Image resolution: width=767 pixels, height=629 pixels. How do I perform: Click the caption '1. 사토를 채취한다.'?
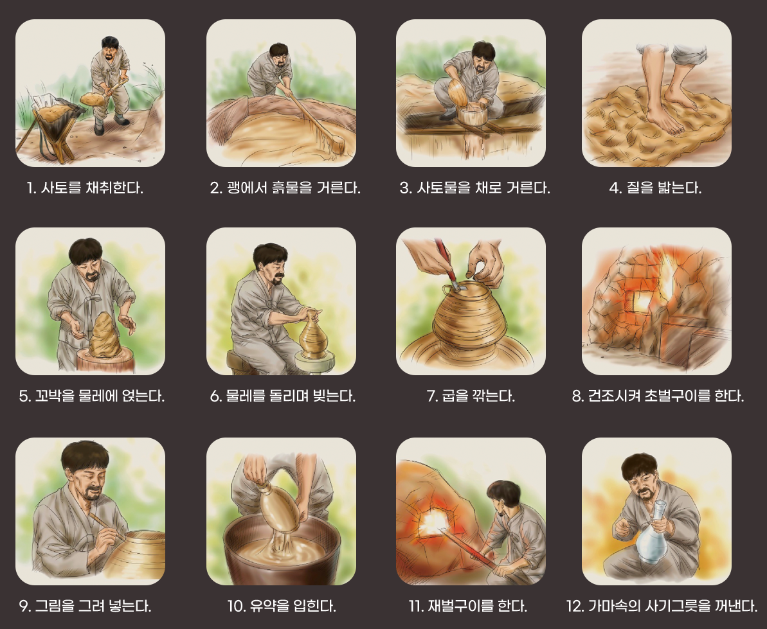click(x=85, y=188)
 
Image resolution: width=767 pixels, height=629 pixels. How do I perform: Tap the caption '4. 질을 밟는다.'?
click(x=656, y=188)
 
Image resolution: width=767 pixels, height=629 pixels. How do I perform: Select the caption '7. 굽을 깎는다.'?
click(x=471, y=395)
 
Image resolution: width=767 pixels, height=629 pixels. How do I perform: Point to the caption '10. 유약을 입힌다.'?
click(x=281, y=606)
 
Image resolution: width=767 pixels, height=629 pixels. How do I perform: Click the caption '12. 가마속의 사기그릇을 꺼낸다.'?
click(x=662, y=606)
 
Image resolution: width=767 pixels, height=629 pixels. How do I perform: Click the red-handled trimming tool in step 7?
click(x=446, y=265)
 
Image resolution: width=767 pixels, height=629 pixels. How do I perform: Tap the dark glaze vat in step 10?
click(x=282, y=551)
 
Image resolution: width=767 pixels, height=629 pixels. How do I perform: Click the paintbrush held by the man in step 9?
click(x=107, y=527)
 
